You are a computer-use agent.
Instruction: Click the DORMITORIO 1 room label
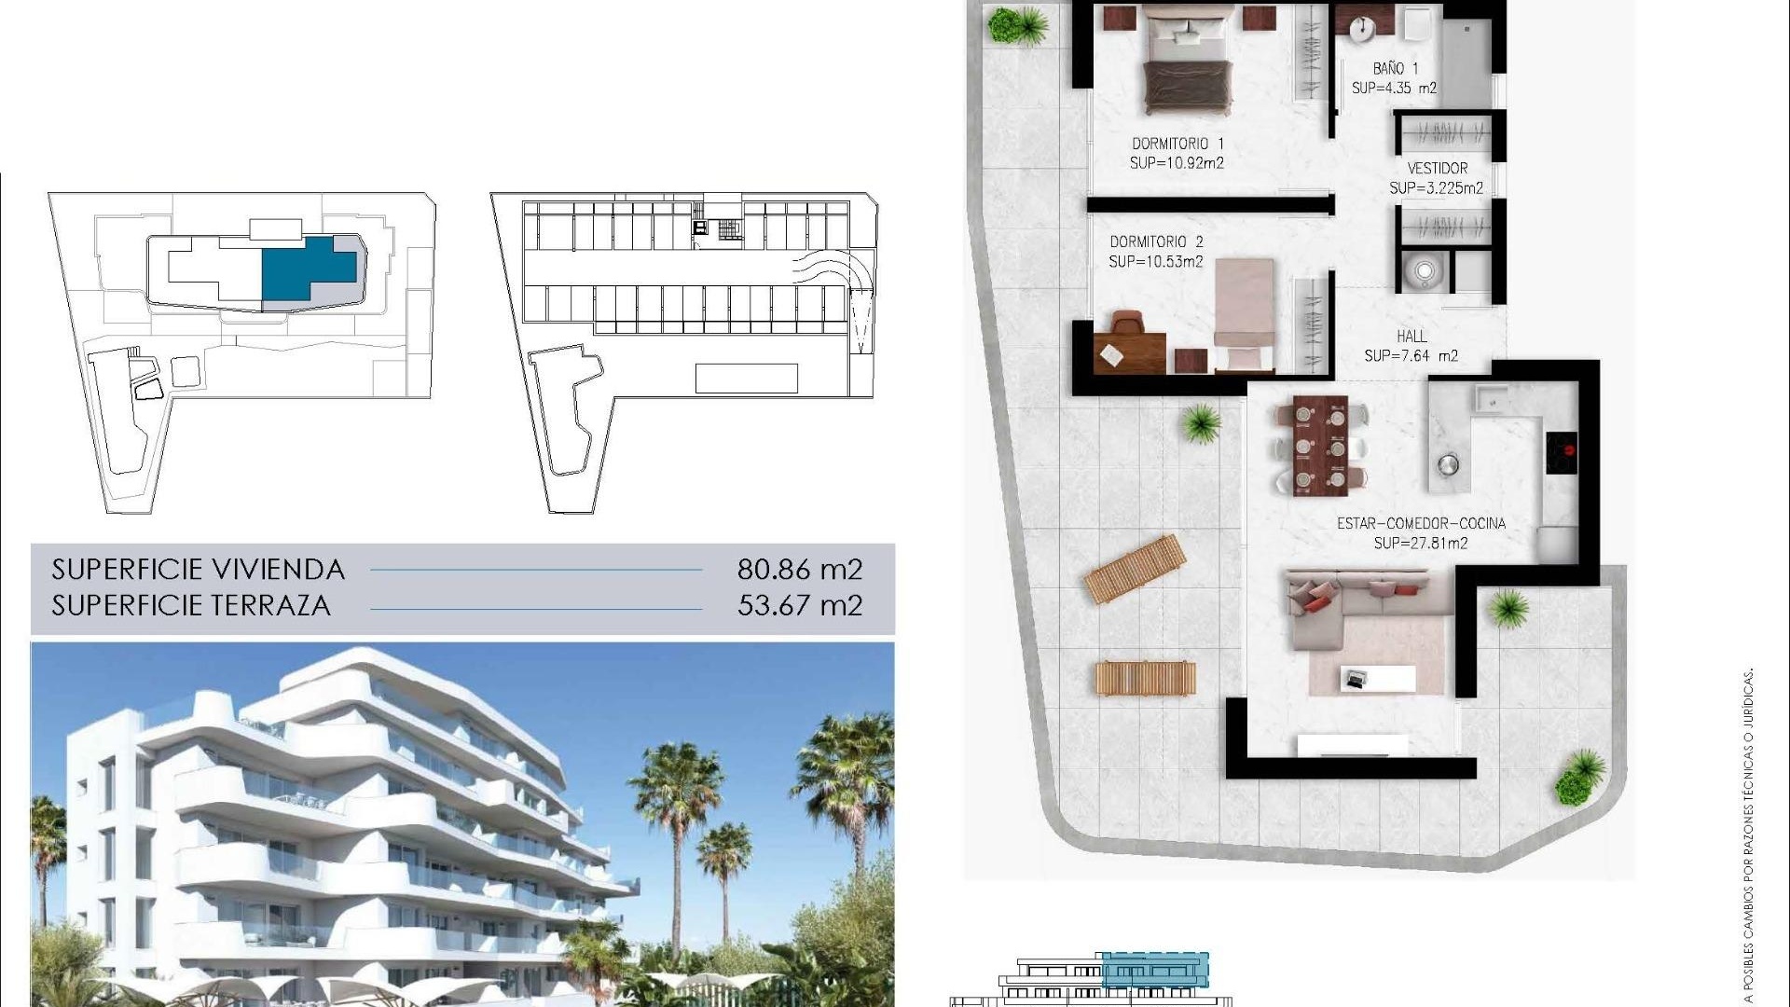[x=1177, y=144]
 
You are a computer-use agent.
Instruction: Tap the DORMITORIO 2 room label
[x=1156, y=242]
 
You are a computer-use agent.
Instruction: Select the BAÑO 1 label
[x=1395, y=69]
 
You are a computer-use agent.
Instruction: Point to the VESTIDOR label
[x=1437, y=169]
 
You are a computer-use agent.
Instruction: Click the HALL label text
[x=1411, y=337]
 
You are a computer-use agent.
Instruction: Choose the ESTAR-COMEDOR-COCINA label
[x=1421, y=524]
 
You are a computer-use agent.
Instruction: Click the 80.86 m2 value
[x=800, y=569]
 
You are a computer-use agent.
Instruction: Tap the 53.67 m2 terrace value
[x=800, y=606]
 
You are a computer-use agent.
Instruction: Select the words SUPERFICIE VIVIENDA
[x=199, y=569]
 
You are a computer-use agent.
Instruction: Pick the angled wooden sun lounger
[x=1135, y=569]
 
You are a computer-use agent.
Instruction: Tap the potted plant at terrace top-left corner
[x=1007, y=25]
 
